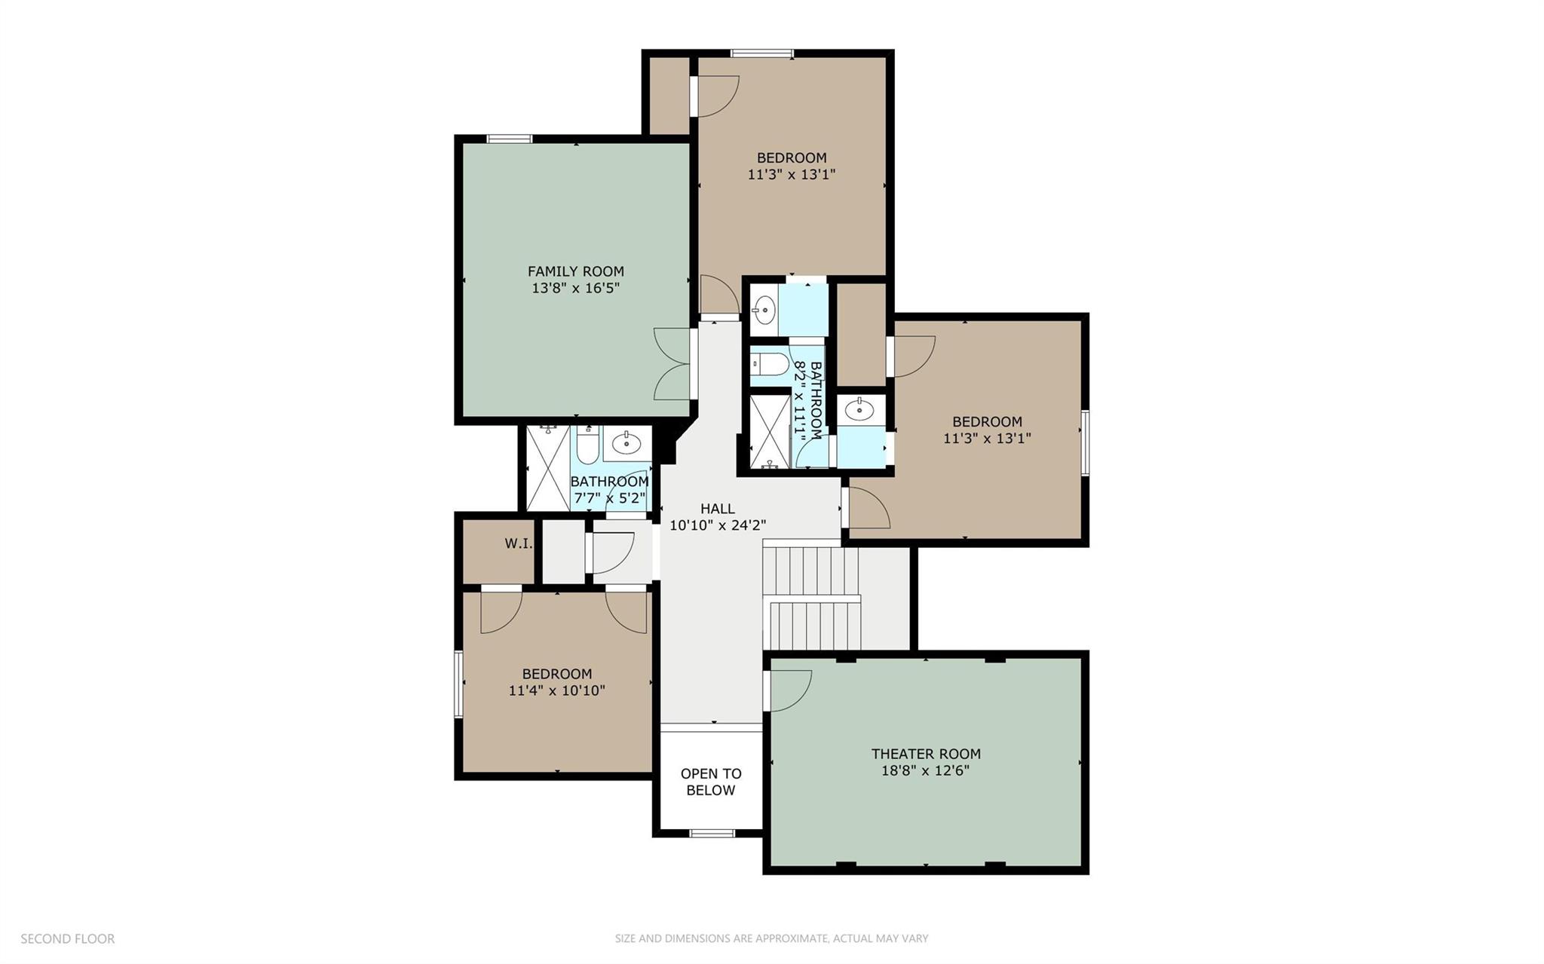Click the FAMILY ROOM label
click(575, 271)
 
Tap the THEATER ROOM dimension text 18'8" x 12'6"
click(925, 771)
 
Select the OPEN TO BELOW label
click(711, 782)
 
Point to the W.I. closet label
click(518, 543)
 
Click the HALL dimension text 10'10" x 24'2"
click(718, 525)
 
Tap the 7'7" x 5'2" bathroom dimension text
click(610, 498)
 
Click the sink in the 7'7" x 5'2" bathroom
click(626, 445)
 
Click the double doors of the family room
click(673, 364)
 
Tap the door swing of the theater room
click(789, 689)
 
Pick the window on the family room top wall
click(510, 139)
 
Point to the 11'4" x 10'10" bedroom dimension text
click(556, 690)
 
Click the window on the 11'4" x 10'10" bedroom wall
click(458, 684)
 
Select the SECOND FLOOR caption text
click(68, 939)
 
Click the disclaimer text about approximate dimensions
click(771, 939)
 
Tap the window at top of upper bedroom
click(761, 54)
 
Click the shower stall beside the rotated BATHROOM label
click(769, 432)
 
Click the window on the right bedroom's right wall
click(1085, 442)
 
